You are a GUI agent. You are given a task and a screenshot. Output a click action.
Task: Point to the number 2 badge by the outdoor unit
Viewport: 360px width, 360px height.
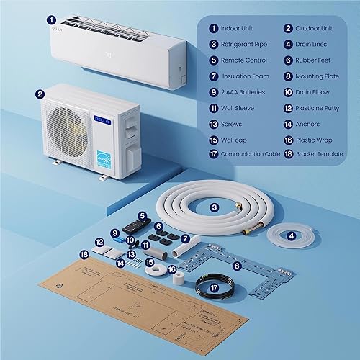(40, 92)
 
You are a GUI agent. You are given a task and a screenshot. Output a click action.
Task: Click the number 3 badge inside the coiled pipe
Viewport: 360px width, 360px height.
(214, 207)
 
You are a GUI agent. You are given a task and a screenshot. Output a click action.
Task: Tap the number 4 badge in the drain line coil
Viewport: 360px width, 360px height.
(291, 234)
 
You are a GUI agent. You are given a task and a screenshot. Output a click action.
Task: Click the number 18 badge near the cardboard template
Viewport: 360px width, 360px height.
(84, 254)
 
